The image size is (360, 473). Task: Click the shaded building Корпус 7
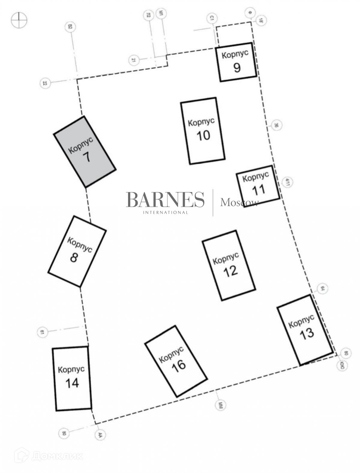tap(85, 152)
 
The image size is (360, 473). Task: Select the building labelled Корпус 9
tap(237, 62)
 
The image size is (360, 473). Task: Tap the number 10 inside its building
tap(203, 135)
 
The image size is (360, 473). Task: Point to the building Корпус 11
tap(258, 186)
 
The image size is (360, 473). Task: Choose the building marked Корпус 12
tap(229, 265)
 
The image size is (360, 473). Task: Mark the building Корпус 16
tap(176, 361)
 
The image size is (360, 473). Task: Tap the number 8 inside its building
tap(74, 257)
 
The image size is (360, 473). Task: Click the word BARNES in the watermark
tap(165, 200)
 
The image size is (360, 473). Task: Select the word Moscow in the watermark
tap(239, 203)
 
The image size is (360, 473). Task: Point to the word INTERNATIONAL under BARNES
tap(165, 213)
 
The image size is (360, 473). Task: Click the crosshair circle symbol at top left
tap(19, 20)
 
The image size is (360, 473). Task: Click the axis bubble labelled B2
tap(70, 28)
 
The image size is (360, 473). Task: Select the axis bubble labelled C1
tap(211, 19)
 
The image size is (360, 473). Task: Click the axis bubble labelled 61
tap(42, 332)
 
